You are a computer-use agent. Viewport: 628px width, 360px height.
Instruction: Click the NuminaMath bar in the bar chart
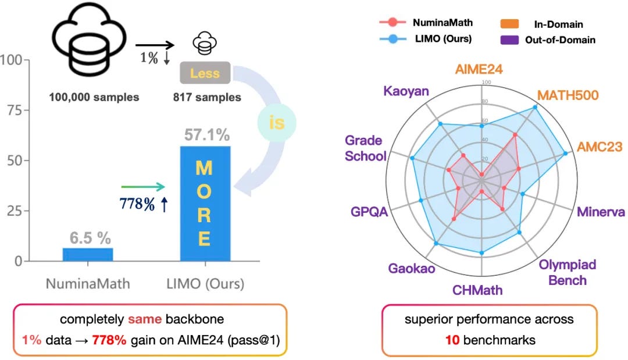(87, 254)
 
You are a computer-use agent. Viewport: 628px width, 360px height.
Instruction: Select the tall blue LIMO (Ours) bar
(205, 204)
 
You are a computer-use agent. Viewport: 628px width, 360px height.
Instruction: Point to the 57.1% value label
(206, 136)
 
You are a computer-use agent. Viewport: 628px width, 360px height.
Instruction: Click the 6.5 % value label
(90, 238)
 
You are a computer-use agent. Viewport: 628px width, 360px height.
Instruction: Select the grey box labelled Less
(205, 73)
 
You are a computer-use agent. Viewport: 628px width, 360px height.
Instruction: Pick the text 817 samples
(206, 97)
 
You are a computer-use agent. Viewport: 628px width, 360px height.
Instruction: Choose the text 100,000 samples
(94, 97)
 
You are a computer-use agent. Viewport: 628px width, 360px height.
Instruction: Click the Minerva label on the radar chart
(601, 212)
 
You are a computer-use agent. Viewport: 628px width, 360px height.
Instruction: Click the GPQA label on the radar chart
(369, 211)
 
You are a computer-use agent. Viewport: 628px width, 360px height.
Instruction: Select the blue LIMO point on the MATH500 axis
(535, 108)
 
